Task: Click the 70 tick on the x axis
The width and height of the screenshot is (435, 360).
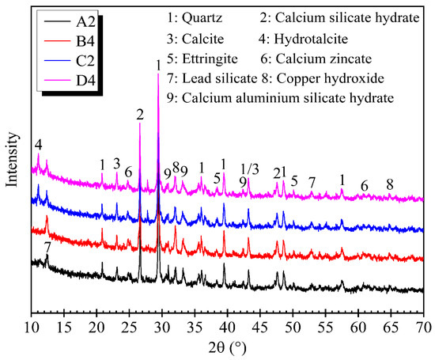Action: click(x=424, y=327)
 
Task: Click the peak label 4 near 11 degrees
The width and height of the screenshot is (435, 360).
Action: click(x=38, y=145)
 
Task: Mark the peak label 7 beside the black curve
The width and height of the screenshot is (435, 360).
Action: click(x=48, y=248)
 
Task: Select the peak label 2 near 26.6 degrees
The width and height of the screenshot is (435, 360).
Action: click(x=140, y=115)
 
